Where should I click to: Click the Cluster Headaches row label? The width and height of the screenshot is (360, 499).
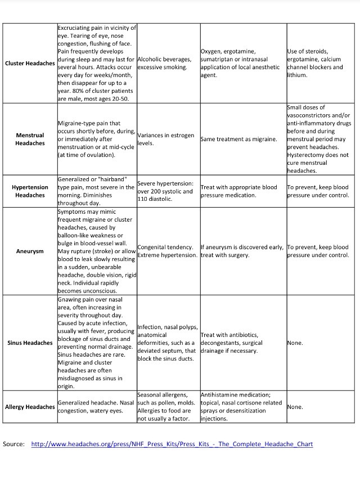[x=30, y=63]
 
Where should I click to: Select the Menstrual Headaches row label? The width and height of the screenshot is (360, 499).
[x=30, y=139]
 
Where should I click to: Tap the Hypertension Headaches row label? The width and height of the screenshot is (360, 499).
[x=30, y=191]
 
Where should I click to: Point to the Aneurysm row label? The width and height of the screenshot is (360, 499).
[x=30, y=251]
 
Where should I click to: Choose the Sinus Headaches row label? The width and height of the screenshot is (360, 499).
[x=30, y=343]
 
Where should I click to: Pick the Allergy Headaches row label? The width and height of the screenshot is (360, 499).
[x=30, y=407]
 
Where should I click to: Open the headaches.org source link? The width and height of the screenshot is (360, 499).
[x=172, y=444]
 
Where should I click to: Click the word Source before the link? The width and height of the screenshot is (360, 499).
[x=13, y=444]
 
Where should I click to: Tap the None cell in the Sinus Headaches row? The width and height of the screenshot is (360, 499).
[x=295, y=343]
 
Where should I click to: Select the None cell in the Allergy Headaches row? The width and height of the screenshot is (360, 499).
[x=295, y=407]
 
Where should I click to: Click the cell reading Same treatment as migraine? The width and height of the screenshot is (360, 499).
[x=238, y=139]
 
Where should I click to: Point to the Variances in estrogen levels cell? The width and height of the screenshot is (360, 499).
[x=165, y=139]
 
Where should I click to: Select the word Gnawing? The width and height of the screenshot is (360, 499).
[x=71, y=300]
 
